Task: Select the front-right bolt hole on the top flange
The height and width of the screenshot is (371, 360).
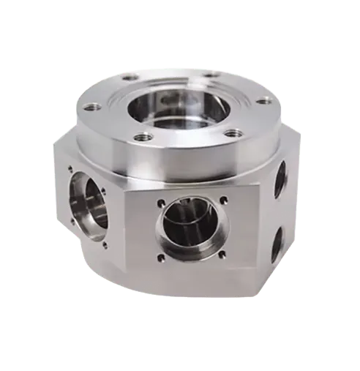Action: [x=233, y=133]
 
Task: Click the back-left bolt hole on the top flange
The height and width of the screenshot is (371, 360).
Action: [x=130, y=77]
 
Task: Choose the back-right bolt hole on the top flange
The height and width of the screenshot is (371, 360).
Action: [x=211, y=74]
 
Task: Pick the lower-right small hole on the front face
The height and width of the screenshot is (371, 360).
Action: [x=225, y=255]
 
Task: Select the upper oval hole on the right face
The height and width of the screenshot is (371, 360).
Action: [x=280, y=179]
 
